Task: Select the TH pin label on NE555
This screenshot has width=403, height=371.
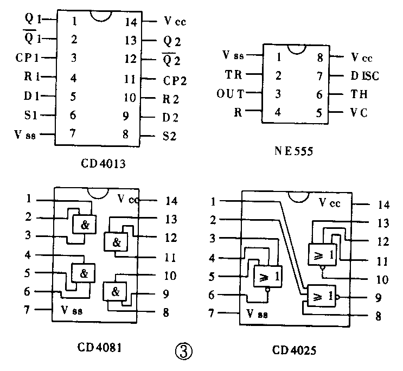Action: [359, 94]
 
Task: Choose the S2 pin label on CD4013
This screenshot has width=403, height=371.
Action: [170, 136]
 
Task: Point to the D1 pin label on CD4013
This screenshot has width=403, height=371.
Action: [31, 96]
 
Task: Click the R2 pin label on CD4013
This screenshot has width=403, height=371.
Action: [172, 98]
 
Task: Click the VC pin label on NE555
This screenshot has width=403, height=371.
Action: [359, 113]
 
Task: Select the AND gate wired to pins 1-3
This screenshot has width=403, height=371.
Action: [83, 223]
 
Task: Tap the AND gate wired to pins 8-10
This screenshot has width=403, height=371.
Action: [115, 291]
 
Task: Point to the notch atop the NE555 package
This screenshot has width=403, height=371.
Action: [296, 49]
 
